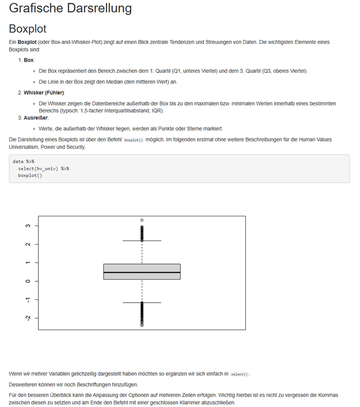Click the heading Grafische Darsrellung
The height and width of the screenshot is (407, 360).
(x=70, y=8)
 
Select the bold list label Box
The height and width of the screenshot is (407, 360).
(x=29, y=60)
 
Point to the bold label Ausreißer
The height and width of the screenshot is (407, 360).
(x=36, y=117)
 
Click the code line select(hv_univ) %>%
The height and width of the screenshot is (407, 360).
(x=43, y=168)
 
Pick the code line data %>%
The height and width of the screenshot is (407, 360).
(x=24, y=161)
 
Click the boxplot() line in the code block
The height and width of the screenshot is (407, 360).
(x=30, y=175)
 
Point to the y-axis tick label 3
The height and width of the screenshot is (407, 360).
(x=27, y=226)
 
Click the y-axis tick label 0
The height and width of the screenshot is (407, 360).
(x=27, y=281)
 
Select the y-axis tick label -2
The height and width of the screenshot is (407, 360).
(x=27, y=318)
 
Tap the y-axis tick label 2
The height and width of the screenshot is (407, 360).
(x=27, y=244)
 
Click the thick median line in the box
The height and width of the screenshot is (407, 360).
(x=142, y=273)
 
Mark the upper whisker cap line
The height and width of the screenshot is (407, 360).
(x=142, y=241)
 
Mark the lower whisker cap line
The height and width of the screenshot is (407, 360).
(x=142, y=303)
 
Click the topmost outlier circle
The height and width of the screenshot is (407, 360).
(x=142, y=220)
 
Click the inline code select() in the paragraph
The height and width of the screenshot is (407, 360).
(x=240, y=374)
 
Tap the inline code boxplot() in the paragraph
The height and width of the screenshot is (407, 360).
(x=133, y=140)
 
